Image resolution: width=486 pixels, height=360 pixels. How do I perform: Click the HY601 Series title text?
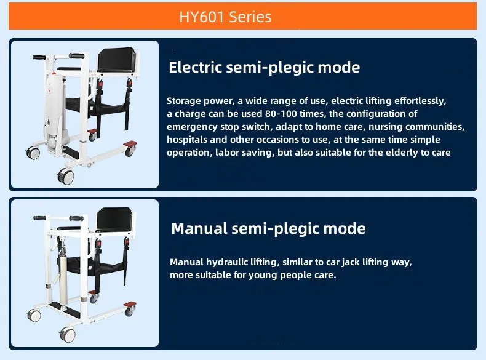(x=225, y=17)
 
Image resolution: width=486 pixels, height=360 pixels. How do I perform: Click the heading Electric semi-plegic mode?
(x=264, y=67)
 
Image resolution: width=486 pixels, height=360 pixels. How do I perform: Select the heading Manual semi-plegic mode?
(x=268, y=229)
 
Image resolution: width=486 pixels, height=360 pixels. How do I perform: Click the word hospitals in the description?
(x=187, y=140)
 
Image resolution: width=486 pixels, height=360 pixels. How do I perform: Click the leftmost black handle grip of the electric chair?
(x=40, y=57)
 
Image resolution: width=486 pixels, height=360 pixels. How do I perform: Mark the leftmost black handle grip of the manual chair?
(x=40, y=218)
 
